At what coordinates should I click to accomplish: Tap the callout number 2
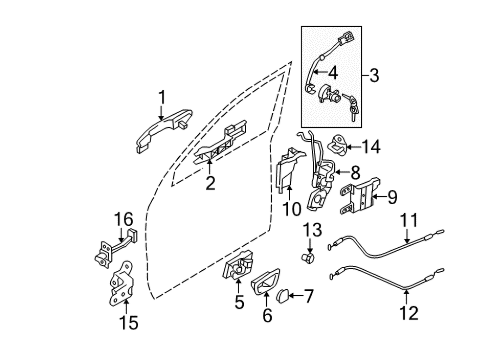[x=210, y=183]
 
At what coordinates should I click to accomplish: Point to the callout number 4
[x=333, y=73]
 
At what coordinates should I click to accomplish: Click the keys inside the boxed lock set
[x=352, y=107]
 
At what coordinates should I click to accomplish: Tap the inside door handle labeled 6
[x=265, y=281]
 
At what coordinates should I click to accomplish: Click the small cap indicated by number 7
[x=283, y=295]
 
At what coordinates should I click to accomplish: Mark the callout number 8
[x=355, y=172]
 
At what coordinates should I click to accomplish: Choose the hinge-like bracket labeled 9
[x=360, y=196]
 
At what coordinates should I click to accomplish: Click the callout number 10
[x=292, y=209]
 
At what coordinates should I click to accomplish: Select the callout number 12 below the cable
[x=409, y=313]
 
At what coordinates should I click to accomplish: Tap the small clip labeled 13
[x=308, y=258]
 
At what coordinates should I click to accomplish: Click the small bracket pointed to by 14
[x=337, y=144]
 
